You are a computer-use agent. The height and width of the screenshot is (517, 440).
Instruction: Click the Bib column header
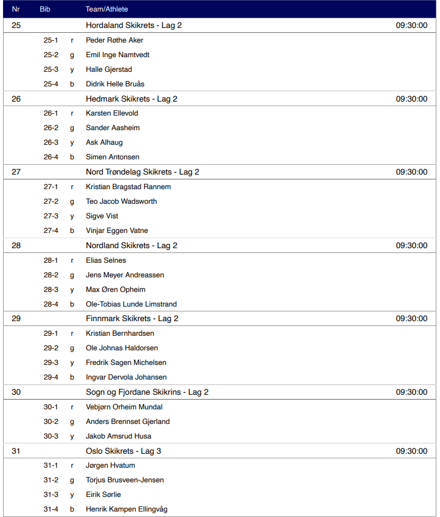tap(45, 9)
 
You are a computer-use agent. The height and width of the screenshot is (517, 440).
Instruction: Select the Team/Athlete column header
tap(107, 9)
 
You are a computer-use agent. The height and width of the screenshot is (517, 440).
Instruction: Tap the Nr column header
tap(16, 9)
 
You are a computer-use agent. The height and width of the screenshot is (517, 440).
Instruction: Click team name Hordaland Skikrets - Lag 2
tap(134, 26)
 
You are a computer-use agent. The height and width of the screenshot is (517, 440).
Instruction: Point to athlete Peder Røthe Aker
tap(115, 40)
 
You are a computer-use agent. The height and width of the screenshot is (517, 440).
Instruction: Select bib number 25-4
tap(51, 84)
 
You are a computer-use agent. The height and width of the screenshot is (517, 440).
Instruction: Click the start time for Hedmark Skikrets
tap(411, 99)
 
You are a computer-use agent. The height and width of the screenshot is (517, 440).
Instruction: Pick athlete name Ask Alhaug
tap(105, 142)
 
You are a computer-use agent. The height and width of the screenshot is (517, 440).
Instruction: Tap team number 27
tap(16, 172)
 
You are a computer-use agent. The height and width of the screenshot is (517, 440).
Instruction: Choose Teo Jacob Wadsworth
tap(122, 201)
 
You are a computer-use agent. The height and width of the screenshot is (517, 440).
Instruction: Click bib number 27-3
tap(51, 216)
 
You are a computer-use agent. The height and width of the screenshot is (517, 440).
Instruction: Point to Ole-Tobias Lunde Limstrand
tap(131, 304)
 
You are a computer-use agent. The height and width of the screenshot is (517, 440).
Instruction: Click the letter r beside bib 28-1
tap(72, 260)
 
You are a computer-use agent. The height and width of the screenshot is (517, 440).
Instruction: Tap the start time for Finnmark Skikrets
tap(411, 319)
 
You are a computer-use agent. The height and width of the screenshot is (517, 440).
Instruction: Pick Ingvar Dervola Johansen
tap(126, 377)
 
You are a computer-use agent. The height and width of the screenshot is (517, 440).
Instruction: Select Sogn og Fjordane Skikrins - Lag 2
tap(147, 392)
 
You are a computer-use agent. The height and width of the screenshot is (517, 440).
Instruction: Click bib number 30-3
tap(51, 436)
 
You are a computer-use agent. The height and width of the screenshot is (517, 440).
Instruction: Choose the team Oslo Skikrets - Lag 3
tap(123, 451)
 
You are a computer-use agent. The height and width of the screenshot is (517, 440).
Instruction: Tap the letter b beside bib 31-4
tap(72, 509)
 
